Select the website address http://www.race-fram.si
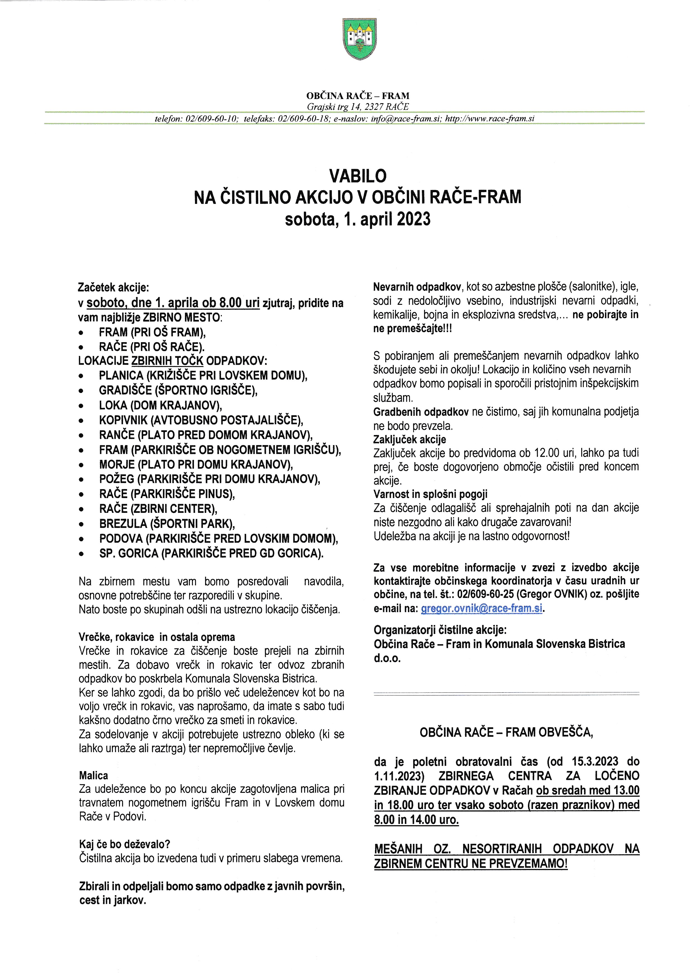tap(490, 119)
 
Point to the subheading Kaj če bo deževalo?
tap(124, 844)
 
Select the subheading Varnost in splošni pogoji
tap(430, 494)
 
